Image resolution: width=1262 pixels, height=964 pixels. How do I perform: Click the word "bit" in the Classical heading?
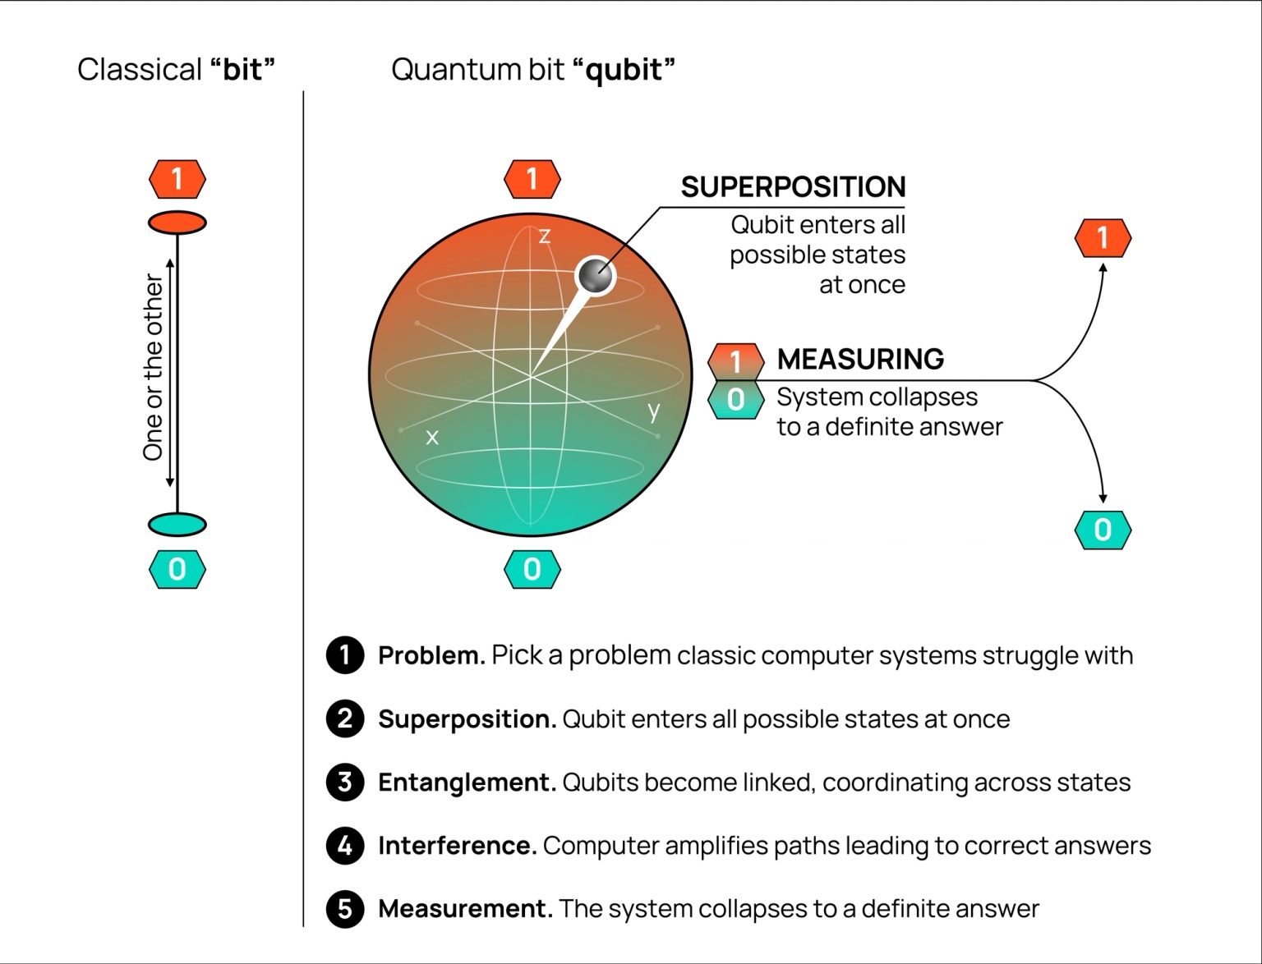tap(242, 70)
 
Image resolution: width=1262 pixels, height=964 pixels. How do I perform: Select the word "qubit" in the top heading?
tap(624, 70)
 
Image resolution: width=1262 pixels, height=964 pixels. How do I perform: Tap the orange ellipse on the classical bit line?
tap(177, 223)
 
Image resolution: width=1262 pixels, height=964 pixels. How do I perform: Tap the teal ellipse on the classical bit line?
tap(177, 524)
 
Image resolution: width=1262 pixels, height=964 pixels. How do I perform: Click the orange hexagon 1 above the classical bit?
tap(177, 179)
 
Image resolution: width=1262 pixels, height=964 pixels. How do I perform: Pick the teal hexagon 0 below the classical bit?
tap(177, 569)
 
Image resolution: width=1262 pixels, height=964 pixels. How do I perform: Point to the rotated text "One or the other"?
tap(154, 367)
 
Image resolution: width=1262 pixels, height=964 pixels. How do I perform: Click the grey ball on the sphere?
tap(596, 275)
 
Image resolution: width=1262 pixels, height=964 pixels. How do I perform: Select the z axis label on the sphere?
tap(544, 236)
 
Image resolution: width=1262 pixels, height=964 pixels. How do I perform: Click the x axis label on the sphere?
tap(432, 437)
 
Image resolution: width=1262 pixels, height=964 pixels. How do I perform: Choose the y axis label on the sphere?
tap(653, 411)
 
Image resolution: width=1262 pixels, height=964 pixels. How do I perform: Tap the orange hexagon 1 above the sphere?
tap(532, 179)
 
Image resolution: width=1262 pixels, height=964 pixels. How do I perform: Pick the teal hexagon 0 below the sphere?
tap(532, 569)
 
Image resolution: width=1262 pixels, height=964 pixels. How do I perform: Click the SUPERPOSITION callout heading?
tap(793, 187)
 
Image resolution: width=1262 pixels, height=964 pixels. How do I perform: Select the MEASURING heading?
tap(860, 360)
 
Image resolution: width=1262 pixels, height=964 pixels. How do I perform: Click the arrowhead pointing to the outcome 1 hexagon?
tap(1103, 268)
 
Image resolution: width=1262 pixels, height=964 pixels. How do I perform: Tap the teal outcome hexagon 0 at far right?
tap(1103, 530)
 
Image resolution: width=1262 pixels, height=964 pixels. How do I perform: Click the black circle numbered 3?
tap(345, 783)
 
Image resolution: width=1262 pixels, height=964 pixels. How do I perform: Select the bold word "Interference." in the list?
tap(457, 846)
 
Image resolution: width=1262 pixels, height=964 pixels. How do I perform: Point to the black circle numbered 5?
tap(345, 909)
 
